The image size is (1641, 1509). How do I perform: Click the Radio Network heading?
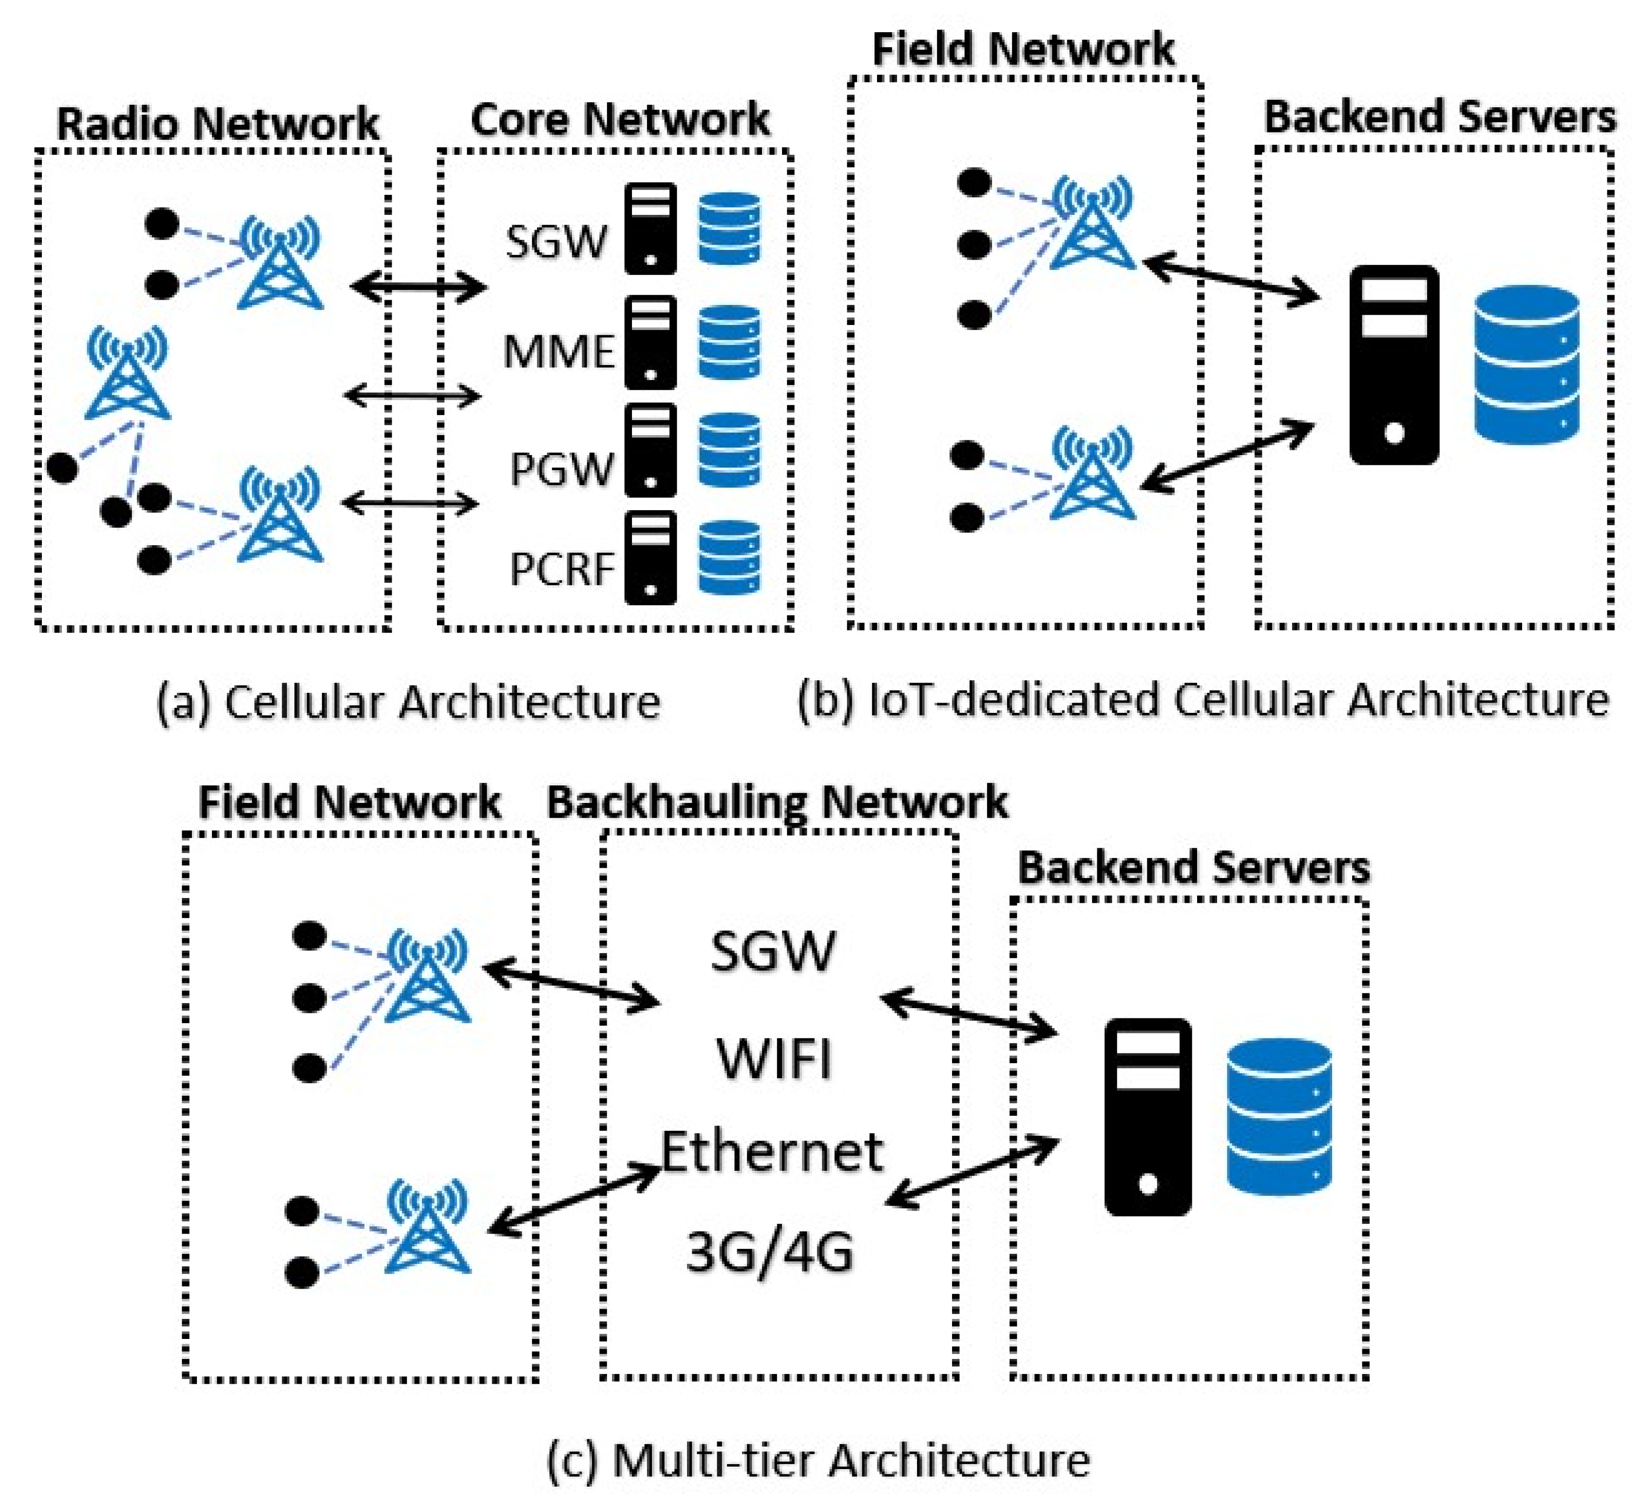[217, 124]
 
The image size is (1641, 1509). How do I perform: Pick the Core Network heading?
[620, 119]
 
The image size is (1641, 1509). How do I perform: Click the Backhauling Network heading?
[777, 802]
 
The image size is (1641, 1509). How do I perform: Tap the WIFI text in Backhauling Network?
[774, 1059]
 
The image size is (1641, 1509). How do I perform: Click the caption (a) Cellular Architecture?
[408, 702]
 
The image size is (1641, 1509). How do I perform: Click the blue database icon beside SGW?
[729, 229]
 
